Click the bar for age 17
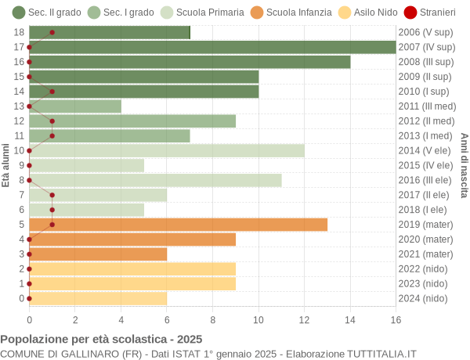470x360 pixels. tap(212, 47)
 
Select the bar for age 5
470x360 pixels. tap(178, 225)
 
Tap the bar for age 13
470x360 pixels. tap(75, 106)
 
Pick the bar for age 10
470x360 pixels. tap(167, 150)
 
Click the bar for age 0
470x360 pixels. tap(98, 298)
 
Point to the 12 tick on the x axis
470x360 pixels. tap(305, 319)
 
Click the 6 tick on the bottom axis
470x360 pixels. tap(167, 319)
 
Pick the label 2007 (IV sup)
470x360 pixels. tap(426, 47)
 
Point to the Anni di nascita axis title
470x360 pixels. tap(464, 165)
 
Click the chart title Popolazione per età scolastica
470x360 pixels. tap(101, 339)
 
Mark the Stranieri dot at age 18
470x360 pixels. tap(52, 32)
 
